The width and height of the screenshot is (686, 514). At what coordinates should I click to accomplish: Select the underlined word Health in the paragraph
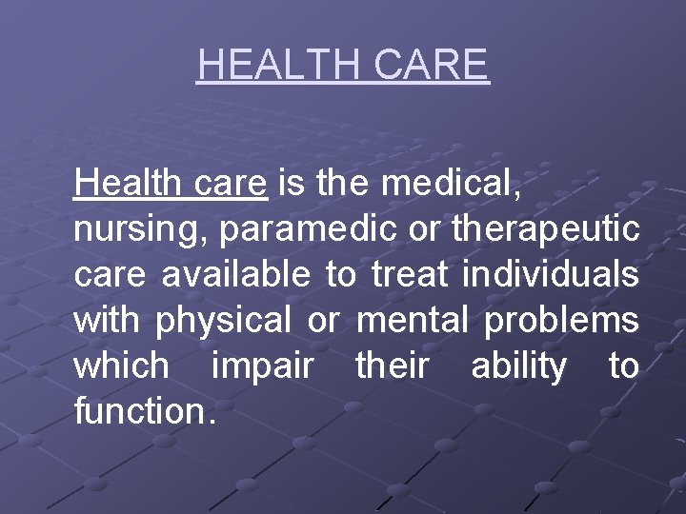[x=115, y=182]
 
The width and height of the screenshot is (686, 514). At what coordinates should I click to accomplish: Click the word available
[x=235, y=274]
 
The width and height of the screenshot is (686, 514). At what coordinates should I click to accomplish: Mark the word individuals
[x=550, y=274]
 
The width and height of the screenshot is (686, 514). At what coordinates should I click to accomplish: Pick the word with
[x=106, y=320]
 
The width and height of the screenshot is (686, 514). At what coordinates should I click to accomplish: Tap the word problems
[x=561, y=321]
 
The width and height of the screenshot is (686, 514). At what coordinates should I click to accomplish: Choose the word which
[x=122, y=366]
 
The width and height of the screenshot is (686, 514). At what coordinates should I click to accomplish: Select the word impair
[x=263, y=366]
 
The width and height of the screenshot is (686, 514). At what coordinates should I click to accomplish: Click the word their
[x=392, y=366]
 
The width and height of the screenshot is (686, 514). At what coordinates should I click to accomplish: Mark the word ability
[x=519, y=366]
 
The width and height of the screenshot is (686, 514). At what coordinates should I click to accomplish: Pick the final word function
[x=144, y=411]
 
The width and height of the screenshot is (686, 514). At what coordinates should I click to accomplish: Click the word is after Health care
[x=293, y=182]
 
